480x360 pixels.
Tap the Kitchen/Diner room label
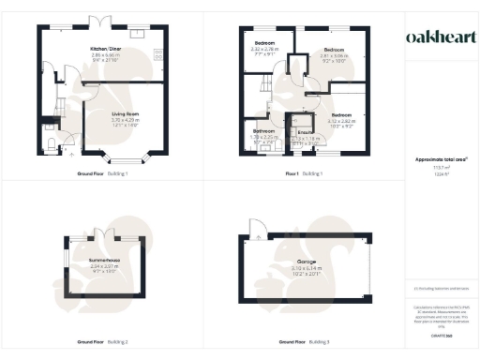(108, 49)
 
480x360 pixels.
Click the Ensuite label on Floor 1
(304, 131)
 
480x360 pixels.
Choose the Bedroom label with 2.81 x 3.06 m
(335, 49)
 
